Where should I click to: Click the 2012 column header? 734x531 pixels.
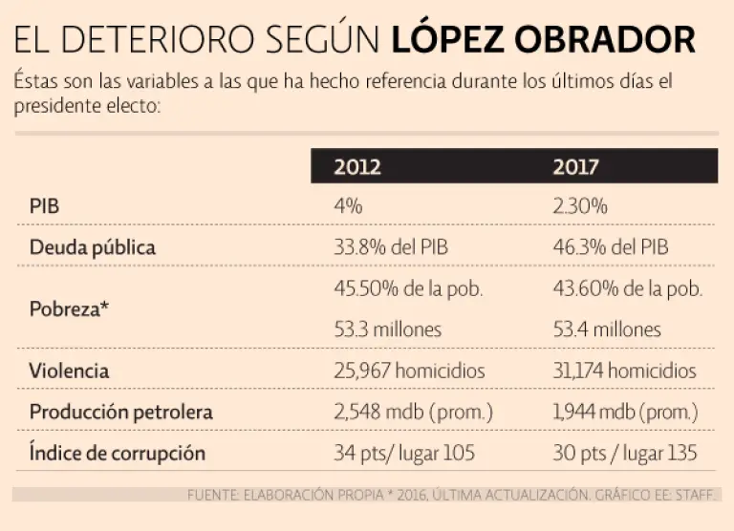click(357, 166)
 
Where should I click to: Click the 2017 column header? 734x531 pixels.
click(576, 166)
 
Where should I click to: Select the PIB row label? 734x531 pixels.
click(44, 206)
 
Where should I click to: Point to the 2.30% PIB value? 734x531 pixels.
click(580, 206)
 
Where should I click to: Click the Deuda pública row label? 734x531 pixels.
click(92, 247)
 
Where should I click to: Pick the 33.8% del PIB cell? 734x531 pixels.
click(391, 247)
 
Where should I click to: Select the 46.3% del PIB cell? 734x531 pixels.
click(611, 247)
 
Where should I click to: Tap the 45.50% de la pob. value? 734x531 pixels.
click(408, 288)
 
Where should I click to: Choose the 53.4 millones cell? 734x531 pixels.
click(607, 329)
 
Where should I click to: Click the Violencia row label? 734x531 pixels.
click(69, 371)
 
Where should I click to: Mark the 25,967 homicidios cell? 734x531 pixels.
click(409, 371)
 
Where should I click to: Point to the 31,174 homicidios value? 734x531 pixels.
click(625, 371)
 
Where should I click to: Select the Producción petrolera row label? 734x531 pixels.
click(120, 412)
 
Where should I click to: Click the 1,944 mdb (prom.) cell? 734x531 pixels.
click(625, 412)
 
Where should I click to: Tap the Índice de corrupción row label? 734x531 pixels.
click(117, 453)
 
